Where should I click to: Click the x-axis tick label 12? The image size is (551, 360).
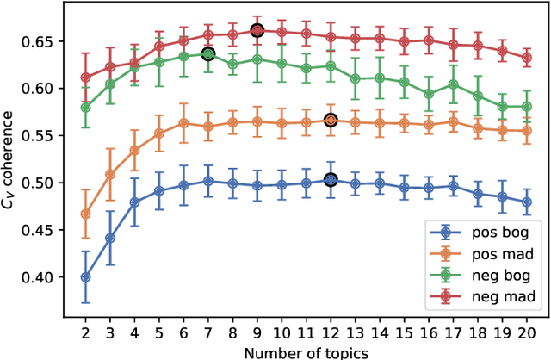click(331, 333)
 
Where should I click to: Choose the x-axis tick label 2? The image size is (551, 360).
click(85, 333)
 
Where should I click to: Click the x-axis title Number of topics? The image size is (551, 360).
click(306, 351)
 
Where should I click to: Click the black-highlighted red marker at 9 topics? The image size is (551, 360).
click(257, 30)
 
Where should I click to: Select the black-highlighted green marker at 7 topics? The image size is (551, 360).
click(207, 54)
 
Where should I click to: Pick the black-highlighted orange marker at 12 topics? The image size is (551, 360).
click(331, 121)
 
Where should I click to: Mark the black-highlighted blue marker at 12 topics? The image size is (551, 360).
click(331, 180)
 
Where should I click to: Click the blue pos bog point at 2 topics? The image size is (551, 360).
click(85, 277)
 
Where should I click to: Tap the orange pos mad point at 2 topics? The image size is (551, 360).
click(85, 214)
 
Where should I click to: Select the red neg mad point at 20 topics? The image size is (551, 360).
click(527, 58)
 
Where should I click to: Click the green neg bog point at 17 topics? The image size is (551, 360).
click(453, 84)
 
